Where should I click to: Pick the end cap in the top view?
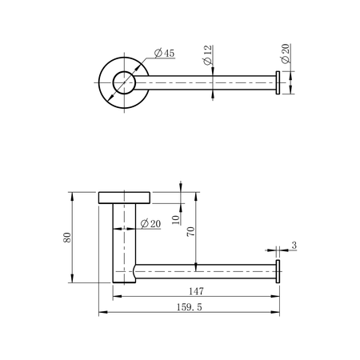tap(278, 82)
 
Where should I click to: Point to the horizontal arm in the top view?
tap(208, 82)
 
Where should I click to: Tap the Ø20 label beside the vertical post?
tap(150, 224)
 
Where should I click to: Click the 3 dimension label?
tap(294, 246)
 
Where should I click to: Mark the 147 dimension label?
tap(194, 290)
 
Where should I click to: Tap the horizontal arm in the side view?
tap(208, 271)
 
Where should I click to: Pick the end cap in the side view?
tap(278, 271)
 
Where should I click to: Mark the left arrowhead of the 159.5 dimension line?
tap(101, 312)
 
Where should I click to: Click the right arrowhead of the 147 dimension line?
tap(275, 297)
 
